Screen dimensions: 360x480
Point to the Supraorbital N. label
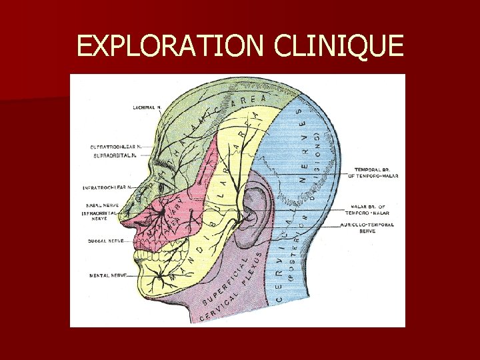tap(115, 155)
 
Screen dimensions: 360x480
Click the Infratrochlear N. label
tap(106, 188)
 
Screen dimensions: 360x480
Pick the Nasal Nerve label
tap(103, 205)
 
